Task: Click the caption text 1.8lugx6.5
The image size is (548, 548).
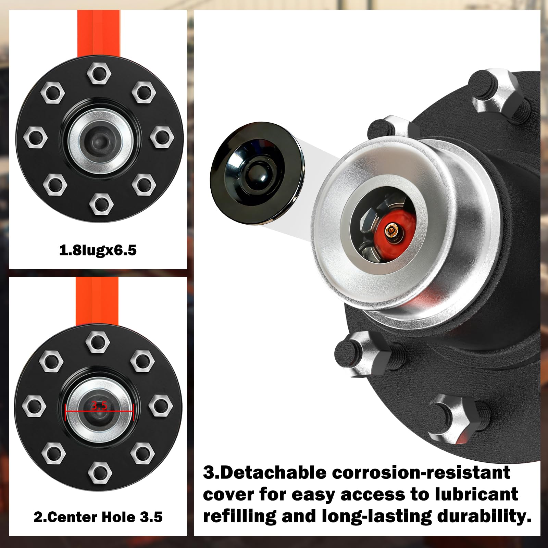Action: point(98,250)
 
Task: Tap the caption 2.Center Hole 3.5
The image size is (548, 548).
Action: point(98,517)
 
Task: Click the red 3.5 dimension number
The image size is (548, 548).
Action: point(99,406)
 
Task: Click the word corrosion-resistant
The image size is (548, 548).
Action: point(421,473)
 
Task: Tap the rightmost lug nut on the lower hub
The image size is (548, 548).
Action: point(161,406)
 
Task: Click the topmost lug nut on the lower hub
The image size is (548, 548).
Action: point(98,342)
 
